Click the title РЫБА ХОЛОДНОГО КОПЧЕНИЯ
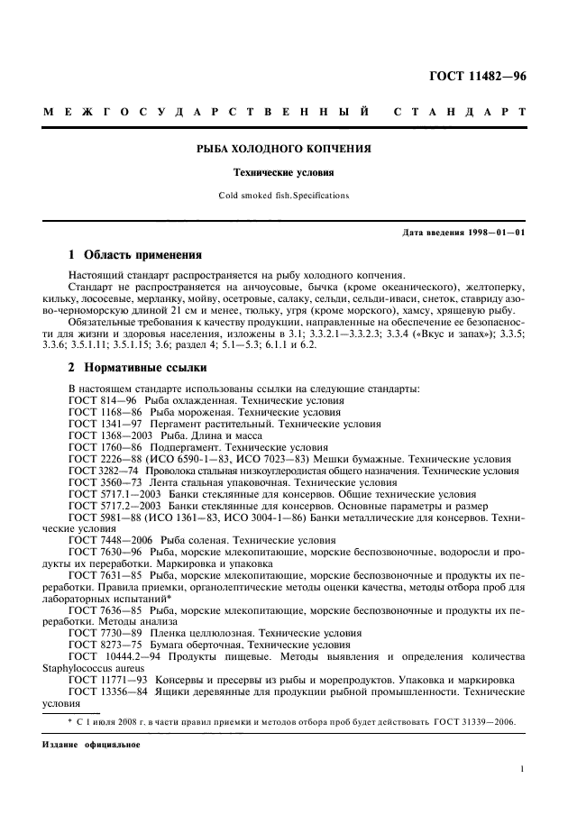(284, 148)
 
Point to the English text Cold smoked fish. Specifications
(284, 195)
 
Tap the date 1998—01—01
(494, 233)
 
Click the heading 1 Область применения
(136, 254)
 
